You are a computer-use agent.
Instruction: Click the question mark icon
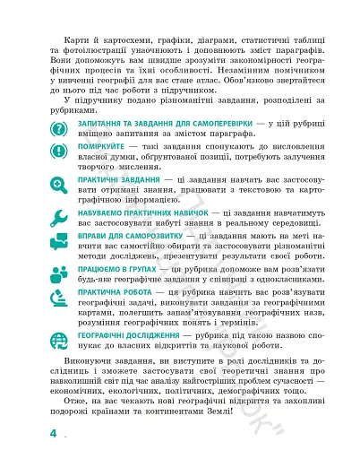click(60, 127)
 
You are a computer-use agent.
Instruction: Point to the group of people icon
click(60, 273)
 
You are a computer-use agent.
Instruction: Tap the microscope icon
click(60, 302)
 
